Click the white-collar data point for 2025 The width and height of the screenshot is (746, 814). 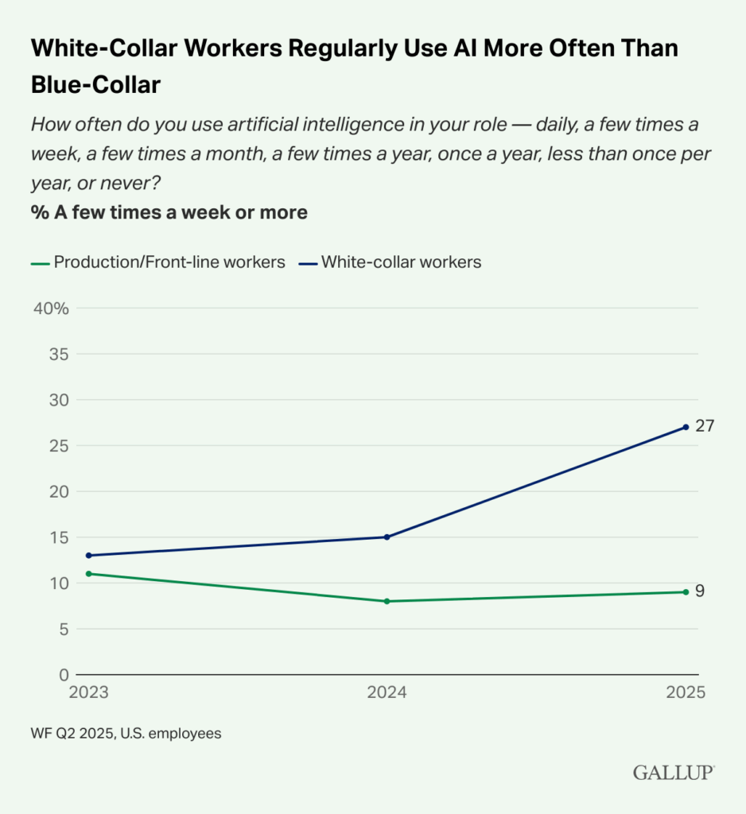coord(685,427)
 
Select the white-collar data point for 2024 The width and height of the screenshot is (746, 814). coord(387,537)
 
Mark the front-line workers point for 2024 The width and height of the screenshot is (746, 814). coord(387,601)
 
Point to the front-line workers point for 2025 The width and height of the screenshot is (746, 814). coord(685,591)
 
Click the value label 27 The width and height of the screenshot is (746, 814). coord(704,426)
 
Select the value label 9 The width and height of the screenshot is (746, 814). coord(700,591)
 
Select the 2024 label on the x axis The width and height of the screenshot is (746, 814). coord(387,692)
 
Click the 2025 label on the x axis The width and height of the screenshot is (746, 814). coord(686,692)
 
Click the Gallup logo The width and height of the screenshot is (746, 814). coord(674,772)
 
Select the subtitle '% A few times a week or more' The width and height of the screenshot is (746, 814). coord(169,212)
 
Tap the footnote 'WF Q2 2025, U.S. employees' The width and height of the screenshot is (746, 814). coord(126,734)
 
